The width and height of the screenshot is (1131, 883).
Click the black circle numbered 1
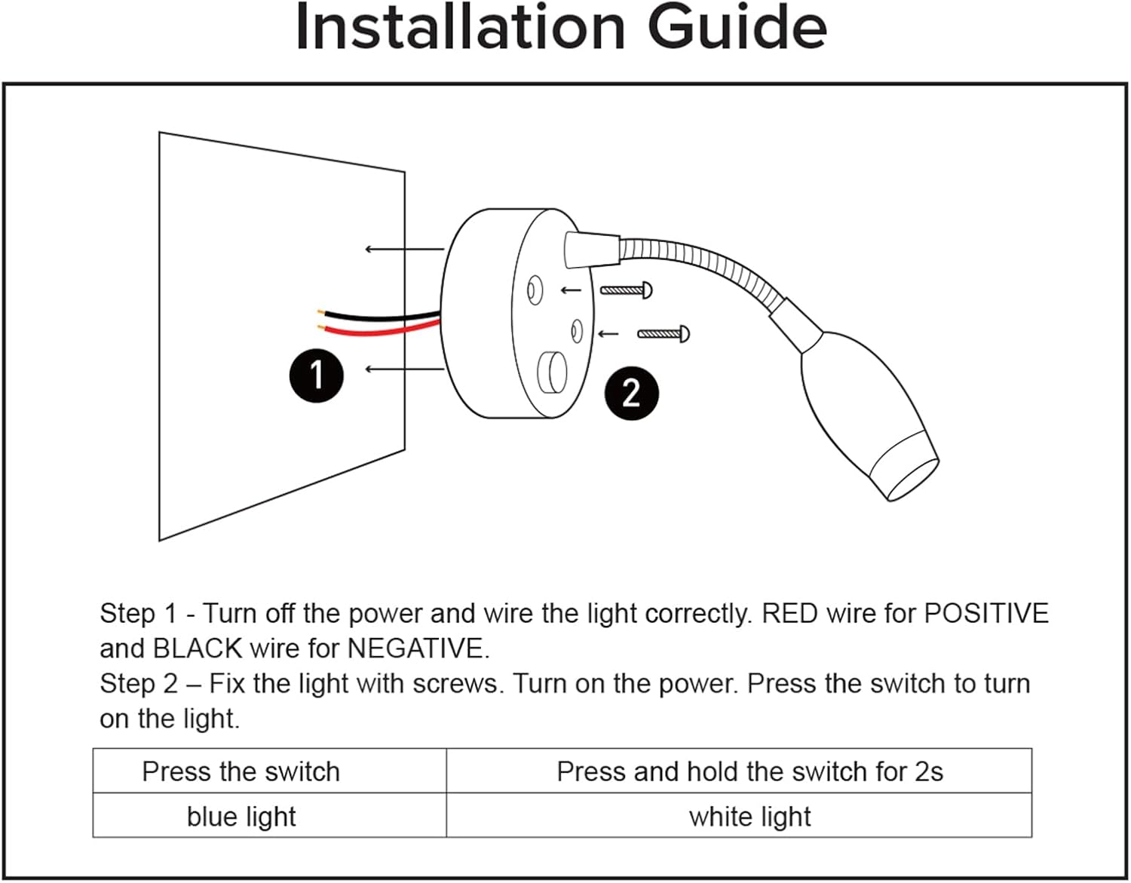[x=316, y=375]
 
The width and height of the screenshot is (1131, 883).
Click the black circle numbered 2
[x=631, y=393]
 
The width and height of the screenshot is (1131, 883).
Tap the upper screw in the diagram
[x=627, y=290]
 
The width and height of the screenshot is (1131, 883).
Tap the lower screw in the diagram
[x=664, y=333]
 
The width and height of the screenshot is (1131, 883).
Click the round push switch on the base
[x=552, y=373]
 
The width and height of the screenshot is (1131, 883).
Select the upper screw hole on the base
[x=535, y=290]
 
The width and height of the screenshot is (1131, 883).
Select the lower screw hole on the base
[x=577, y=331]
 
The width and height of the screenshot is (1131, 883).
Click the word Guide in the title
[x=737, y=28]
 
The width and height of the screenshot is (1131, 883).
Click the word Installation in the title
[x=460, y=28]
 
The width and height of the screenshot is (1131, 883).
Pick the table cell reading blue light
[x=241, y=817]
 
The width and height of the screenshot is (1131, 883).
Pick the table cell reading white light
[x=749, y=817]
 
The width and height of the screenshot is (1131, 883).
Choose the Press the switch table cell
[x=241, y=771]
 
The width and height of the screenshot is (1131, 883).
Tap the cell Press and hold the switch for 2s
[x=749, y=771]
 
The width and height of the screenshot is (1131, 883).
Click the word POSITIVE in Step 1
[x=985, y=613]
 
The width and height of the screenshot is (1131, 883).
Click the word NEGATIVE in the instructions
[x=417, y=648]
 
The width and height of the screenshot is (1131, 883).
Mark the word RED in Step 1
[x=789, y=613]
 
